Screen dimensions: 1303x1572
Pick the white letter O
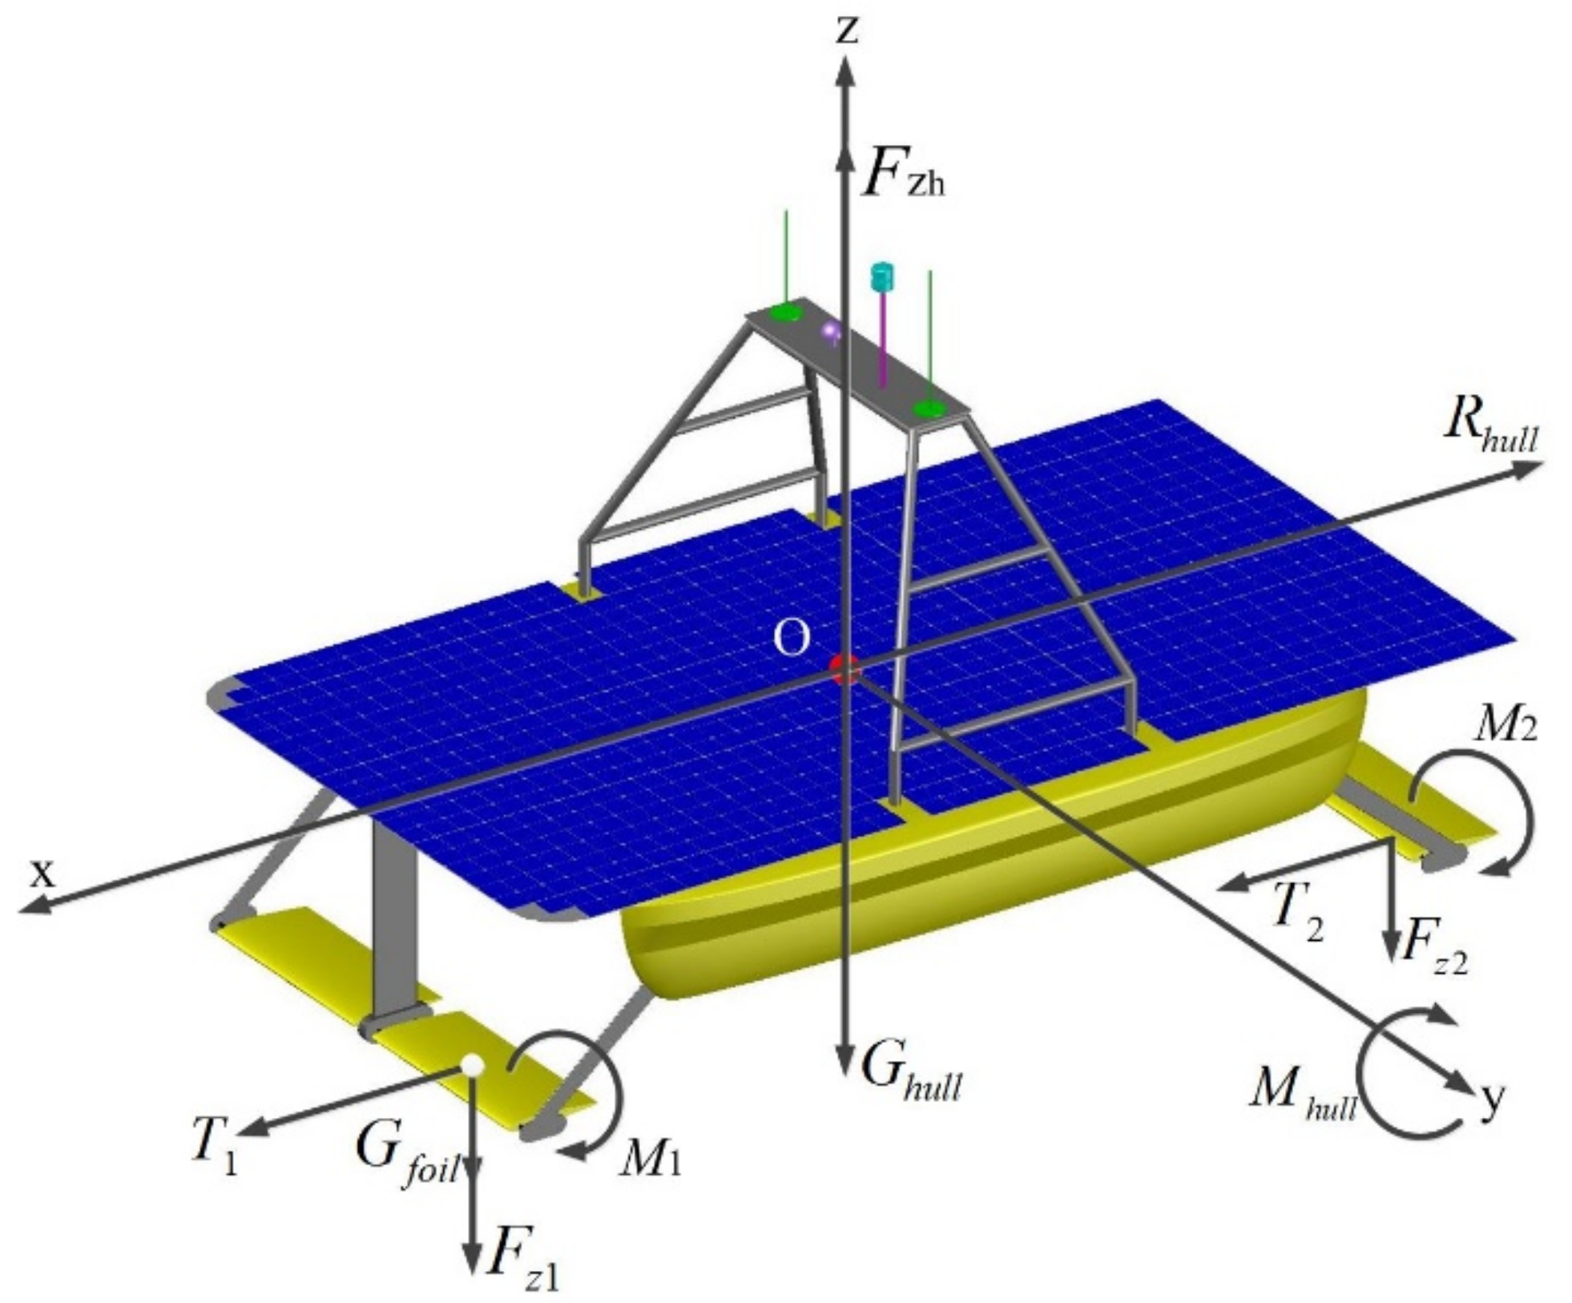click(791, 639)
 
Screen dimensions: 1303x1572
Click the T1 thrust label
click(214, 1153)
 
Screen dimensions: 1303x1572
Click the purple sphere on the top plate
click(832, 330)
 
